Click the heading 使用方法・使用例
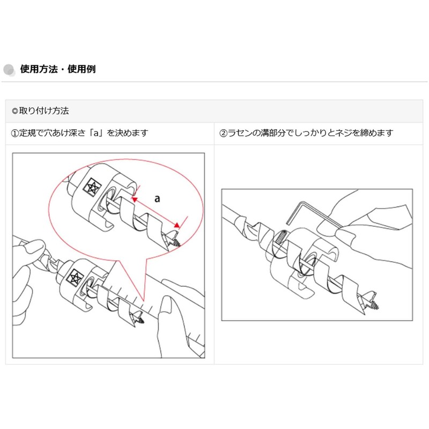[x=57, y=69]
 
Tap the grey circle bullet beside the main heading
[x=9, y=70]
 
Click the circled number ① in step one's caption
[x=16, y=133]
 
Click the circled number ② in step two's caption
[x=224, y=133]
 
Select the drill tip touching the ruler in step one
[x=140, y=320]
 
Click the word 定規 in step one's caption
[x=27, y=133]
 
